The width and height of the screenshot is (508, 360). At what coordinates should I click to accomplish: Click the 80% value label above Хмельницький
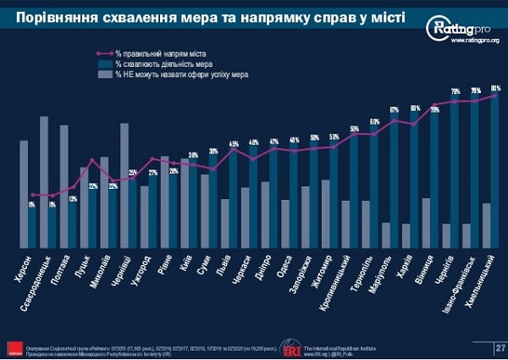point(495,88)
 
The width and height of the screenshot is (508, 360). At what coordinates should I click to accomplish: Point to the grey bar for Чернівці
point(124,186)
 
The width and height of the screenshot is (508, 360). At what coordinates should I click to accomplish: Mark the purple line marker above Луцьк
point(93,160)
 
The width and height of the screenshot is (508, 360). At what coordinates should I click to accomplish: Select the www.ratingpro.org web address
point(474,40)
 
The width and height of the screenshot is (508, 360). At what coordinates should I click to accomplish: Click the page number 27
point(500,347)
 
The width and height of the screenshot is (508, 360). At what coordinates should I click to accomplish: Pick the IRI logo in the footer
point(292,347)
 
